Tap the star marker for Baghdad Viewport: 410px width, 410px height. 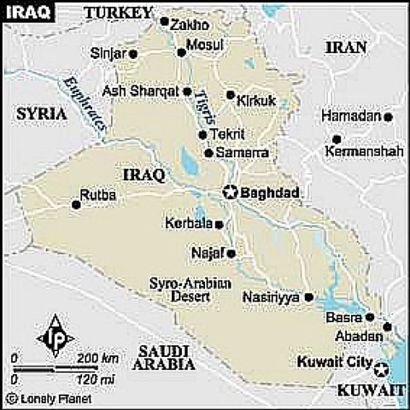229,192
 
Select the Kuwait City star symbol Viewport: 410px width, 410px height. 381,369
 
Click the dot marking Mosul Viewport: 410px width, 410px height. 181,52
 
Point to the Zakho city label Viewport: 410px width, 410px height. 190,25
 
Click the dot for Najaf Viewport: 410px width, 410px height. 230,254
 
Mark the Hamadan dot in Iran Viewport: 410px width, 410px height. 388,116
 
